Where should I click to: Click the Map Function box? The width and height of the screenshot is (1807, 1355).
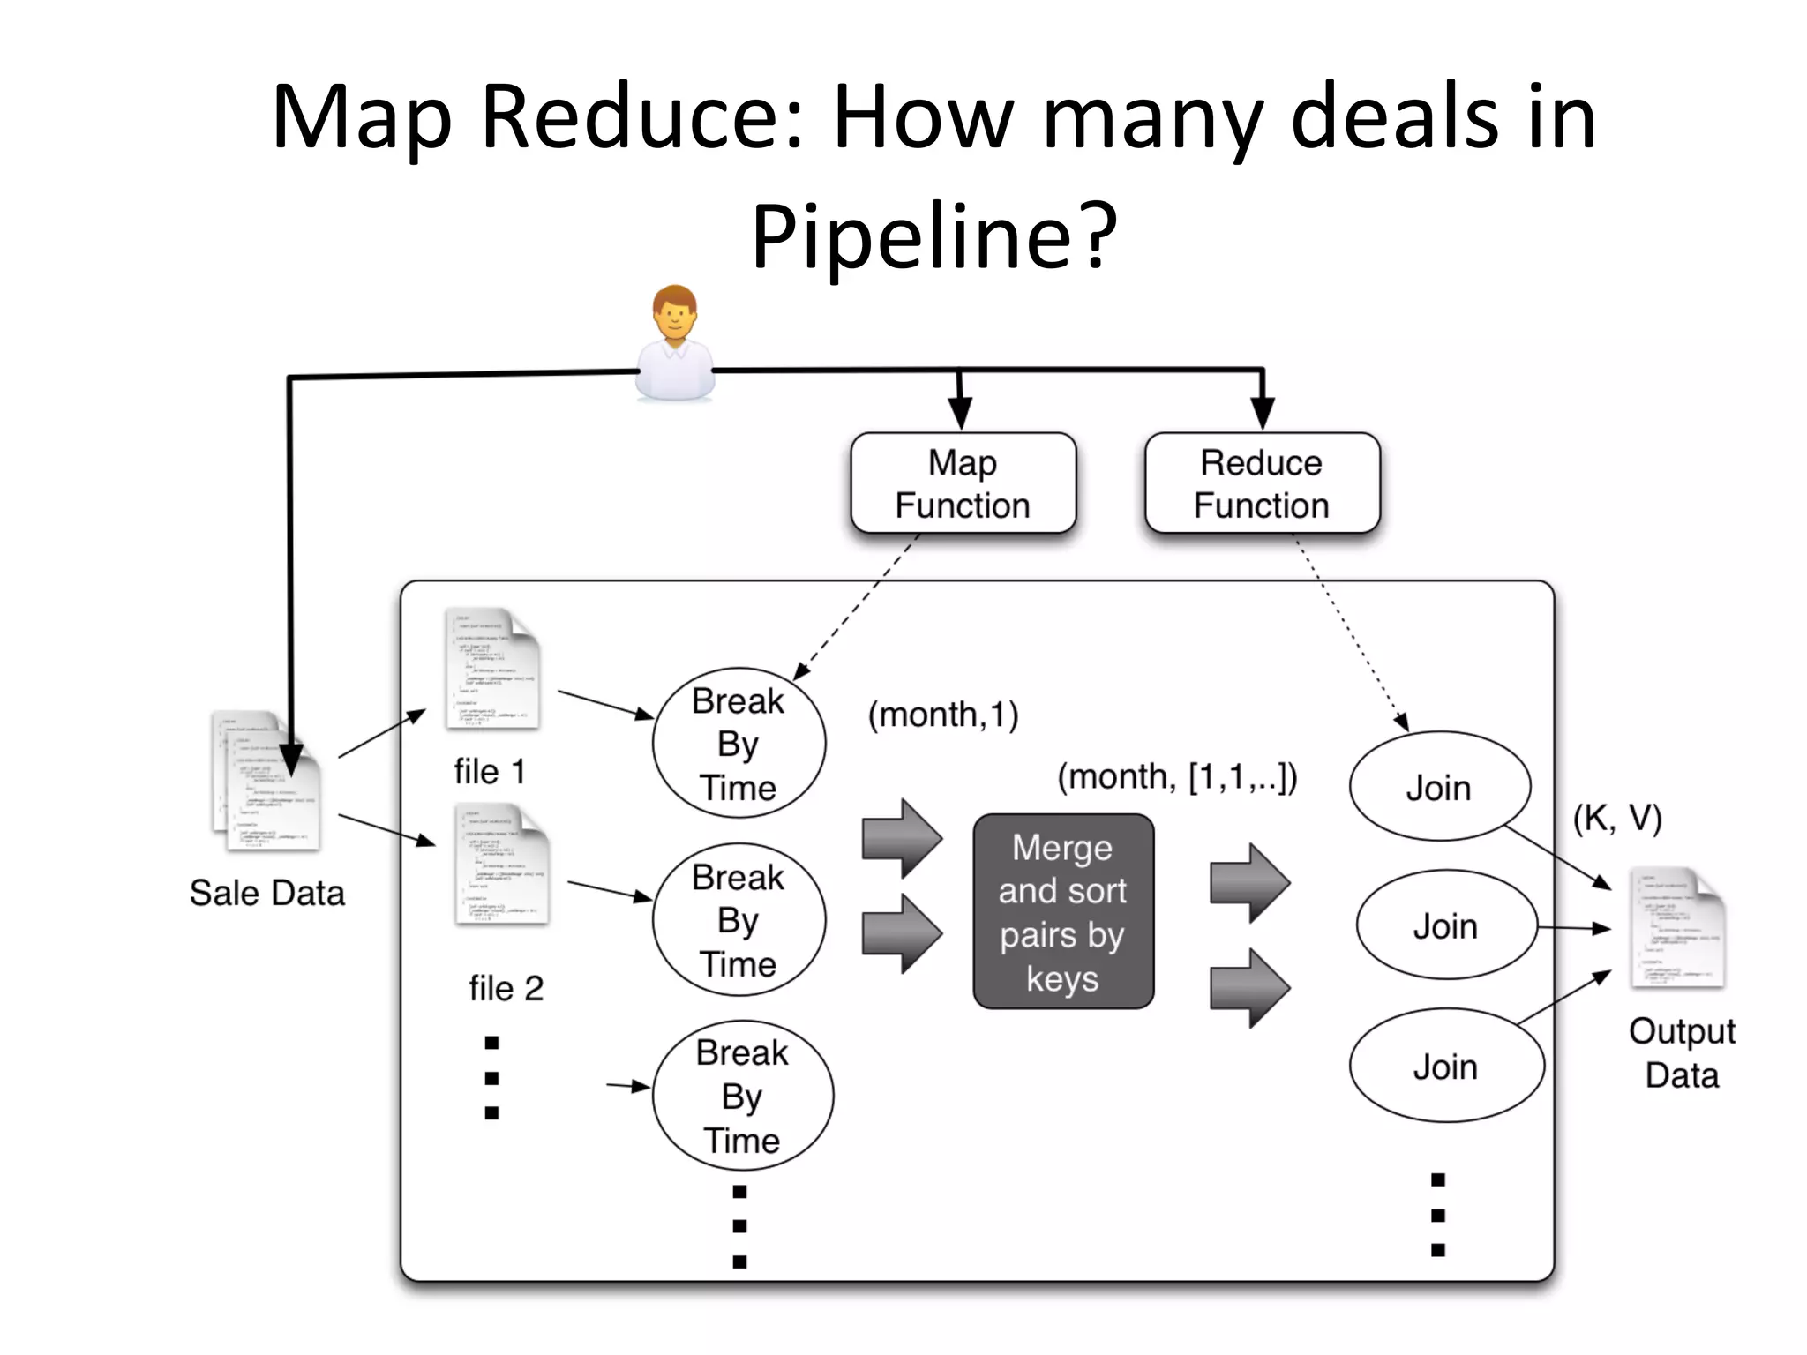[x=963, y=483]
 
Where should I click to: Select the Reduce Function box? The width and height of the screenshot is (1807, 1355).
[x=1262, y=483]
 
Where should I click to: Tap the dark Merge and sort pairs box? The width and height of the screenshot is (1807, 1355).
[x=1063, y=911]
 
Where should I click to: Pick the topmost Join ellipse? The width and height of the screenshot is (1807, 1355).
[x=1439, y=787]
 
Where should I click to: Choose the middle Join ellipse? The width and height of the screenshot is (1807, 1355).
[x=1445, y=925]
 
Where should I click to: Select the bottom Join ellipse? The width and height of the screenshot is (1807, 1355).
[x=1445, y=1066]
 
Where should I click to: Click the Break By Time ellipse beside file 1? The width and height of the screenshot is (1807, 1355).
[x=739, y=744]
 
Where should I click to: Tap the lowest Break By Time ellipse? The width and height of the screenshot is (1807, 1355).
[x=742, y=1096]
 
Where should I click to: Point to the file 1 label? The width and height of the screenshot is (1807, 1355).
[x=490, y=772]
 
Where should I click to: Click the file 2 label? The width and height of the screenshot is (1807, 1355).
[x=506, y=988]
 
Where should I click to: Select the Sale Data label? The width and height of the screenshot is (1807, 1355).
[x=266, y=893]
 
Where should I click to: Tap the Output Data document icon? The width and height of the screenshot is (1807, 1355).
[x=1676, y=928]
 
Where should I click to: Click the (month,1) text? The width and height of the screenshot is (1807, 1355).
[x=942, y=715]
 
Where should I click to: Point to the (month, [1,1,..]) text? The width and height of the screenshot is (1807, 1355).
[x=1177, y=777]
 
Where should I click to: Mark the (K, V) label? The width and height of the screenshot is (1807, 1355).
[x=1616, y=819]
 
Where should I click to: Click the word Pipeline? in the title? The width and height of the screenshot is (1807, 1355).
[x=933, y=236]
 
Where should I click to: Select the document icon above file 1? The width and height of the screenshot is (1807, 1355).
[x=491, y=669]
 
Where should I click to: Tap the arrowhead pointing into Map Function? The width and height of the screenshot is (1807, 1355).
[x=960, y=413]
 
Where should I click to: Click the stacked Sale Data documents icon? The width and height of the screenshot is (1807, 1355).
[x=265, y=781]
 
